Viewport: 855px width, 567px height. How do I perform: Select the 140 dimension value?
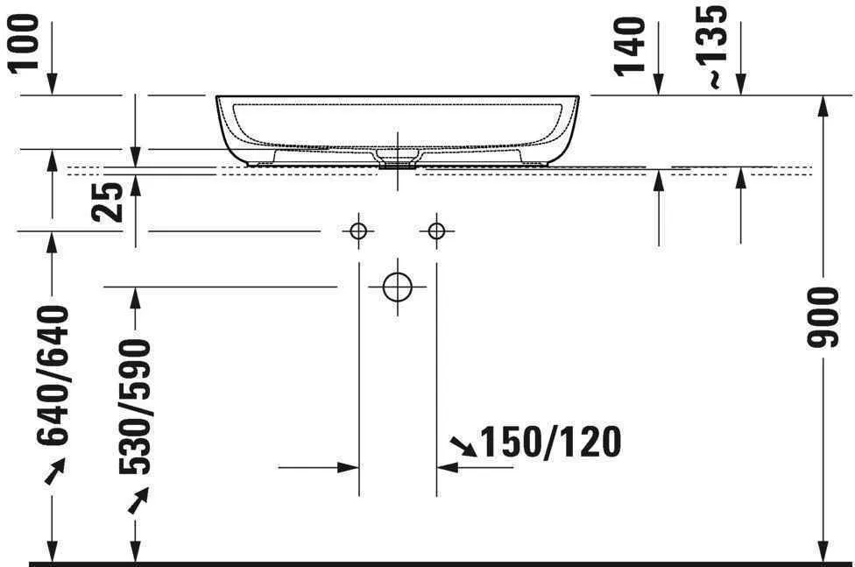click(631, 46)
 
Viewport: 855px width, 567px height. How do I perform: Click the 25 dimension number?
click(110, 202)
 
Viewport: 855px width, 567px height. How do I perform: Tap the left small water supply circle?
click(357, 231)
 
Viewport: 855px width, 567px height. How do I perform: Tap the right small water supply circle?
click(436, 231)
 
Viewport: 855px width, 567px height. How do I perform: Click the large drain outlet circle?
click(397, 287)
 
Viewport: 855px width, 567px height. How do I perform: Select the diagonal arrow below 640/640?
click(54, 474)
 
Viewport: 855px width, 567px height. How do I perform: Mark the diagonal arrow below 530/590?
click(138, 501)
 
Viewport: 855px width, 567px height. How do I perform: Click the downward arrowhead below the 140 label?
click(659, 85)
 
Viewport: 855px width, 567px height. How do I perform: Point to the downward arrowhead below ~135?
click(741, 85)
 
